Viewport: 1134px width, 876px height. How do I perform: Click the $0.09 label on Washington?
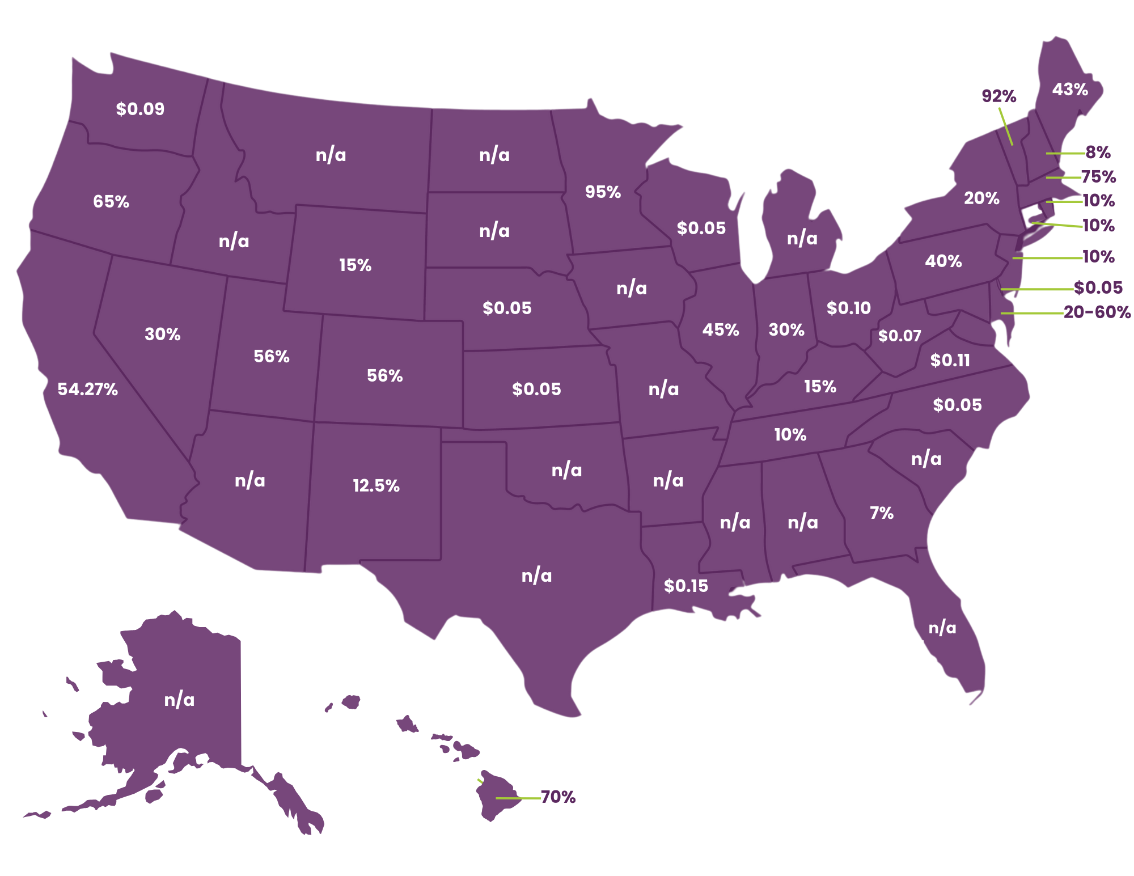click(x=140, y=109)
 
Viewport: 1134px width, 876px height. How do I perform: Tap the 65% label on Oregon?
click(x=111, y=201)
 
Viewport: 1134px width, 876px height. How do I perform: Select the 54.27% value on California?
click(x=88, y=389)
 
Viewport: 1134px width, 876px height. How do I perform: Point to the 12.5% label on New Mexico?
click(x=376, y=485)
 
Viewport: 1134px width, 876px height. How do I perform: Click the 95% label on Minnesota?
click(x=603, y=192)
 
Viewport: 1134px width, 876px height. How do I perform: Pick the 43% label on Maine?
click(x=1070, y=89)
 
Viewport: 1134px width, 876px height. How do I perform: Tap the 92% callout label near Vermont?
click(x=999, y=96)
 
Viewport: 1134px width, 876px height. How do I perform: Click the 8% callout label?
click(x=1098, y=152)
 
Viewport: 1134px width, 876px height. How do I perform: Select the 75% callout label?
click(x=1098, y=177)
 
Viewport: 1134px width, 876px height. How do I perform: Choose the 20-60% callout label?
click(x=1097, y=312)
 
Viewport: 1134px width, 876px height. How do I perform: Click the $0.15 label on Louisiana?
click(x=686, y=586)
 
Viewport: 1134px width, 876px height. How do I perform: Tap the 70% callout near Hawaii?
click(x=558, y=797)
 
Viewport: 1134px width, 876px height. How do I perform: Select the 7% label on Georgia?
click(x=882, y=513)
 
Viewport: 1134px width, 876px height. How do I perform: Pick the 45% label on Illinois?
click(x=721, y=329)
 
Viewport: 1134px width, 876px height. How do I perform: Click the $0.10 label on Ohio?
click(x=848, y=308)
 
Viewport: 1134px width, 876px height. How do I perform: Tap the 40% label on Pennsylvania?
click(x=943, y=261)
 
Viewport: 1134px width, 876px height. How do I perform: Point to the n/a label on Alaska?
click(x=179, y=700)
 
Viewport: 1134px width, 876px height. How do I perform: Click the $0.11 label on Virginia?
click(x=950, y=360)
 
